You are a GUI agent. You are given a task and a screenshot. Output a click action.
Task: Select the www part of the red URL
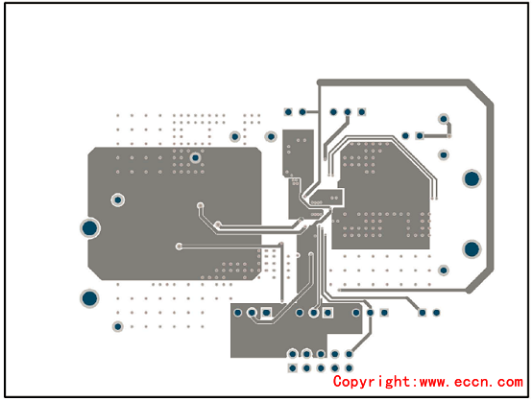433,383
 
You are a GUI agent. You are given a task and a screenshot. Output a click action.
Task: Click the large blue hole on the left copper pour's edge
90,228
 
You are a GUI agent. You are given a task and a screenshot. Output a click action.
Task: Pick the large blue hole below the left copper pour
89,298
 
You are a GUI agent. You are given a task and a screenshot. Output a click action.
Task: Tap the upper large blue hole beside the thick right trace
472,178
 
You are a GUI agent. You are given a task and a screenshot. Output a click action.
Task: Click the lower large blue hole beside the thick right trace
472,249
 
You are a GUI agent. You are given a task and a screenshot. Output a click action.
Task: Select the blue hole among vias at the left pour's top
195,158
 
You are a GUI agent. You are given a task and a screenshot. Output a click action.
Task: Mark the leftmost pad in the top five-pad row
288,112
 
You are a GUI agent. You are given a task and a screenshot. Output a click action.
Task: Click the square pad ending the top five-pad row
362,112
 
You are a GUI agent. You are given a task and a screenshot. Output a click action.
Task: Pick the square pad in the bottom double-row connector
293,368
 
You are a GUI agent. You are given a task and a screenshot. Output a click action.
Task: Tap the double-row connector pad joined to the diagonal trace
349,354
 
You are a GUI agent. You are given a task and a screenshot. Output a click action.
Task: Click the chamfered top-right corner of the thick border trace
481,92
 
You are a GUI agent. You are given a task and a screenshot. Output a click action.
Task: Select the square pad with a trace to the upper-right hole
420,136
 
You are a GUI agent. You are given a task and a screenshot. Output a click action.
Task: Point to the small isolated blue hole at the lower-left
118,326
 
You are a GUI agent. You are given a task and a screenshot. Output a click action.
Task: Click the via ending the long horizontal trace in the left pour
180,247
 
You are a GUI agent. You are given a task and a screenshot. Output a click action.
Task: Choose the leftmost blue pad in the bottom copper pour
238,313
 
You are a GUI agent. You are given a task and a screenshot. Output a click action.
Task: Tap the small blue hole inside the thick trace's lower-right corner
444,271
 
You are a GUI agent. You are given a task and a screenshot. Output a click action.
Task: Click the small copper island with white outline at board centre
326,198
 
